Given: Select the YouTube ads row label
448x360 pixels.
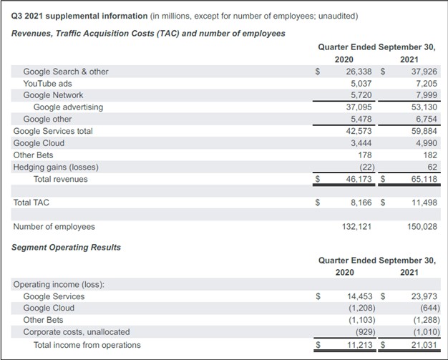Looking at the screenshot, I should (x=47, y=83).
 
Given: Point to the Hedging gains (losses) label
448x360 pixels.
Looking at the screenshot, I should (x=56, y=167).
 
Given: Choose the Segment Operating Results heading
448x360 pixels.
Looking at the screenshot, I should (x=67, y=248).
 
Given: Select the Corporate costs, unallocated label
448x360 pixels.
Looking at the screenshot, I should (x=77, y=332).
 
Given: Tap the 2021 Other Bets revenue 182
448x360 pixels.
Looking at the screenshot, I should (x=429, y=155).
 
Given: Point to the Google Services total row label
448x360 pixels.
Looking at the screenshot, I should (x=53, y=131).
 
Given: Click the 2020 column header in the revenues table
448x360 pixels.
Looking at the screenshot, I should (x=344, y=59).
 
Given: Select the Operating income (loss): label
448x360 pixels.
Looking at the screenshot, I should (x=59, y=285).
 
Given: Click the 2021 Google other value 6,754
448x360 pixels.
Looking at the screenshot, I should (x=426, y=120).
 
